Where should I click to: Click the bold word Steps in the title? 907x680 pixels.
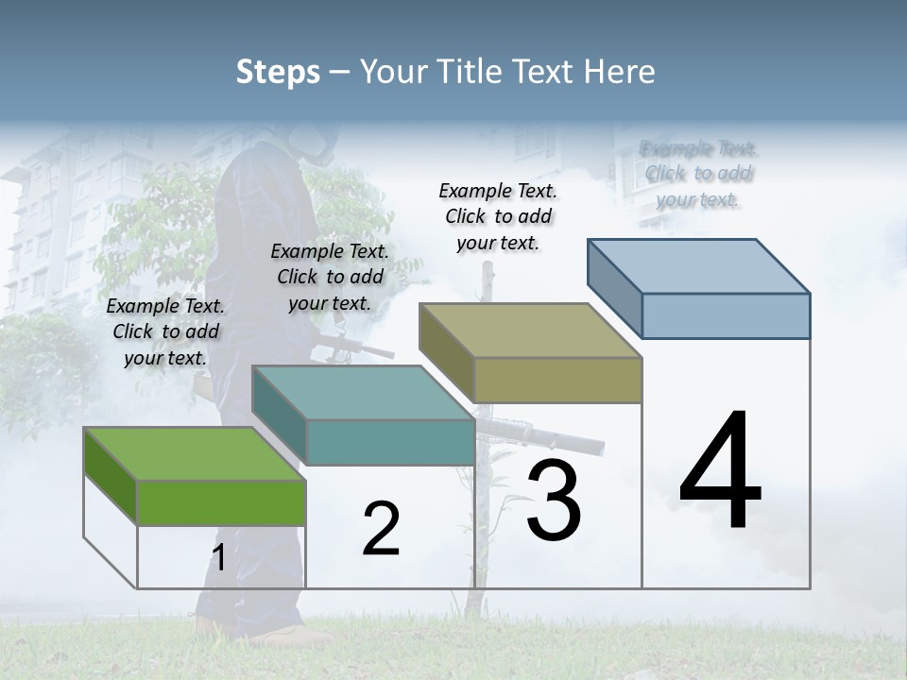pos(278,72)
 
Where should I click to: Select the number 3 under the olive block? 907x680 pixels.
pos(554,501)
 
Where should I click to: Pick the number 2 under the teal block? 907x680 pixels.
pos(381,529)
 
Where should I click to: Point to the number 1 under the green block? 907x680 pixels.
pos(218,558)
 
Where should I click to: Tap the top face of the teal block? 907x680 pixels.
pos(363,392)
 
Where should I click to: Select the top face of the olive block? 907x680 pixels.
pos(529,330)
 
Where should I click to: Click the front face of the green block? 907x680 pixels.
pos(222,502)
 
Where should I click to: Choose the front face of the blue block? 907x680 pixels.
pos(726,315)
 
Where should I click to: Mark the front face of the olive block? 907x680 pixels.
pos(557,380)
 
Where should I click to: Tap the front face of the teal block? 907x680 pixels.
pos(390,442)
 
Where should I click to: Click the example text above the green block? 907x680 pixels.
pos(165,331)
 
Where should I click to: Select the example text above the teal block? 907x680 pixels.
pos(330,277)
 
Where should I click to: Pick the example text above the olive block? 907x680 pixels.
pos(498,216)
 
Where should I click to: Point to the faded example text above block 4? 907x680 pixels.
pos(698,174)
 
